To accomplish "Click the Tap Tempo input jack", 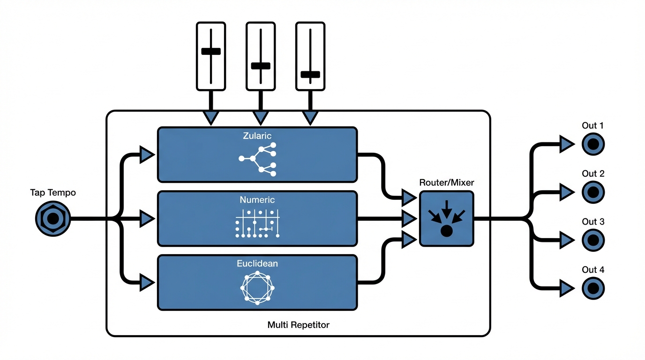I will click(53, 218).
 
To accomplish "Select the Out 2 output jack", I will click(593, 192).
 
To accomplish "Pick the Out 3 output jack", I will click(593, 240).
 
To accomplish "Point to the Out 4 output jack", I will click(593, 288).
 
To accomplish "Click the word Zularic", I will click(257, 136).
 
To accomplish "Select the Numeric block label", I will click(257, 200).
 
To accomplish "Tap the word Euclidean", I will click(257, 263).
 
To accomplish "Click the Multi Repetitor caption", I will click(298, 324).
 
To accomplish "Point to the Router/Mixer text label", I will click(446, 182).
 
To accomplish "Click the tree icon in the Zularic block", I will click(257, 159).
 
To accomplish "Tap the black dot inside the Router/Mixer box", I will click(446, 231).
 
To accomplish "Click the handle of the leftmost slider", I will click(211, 51).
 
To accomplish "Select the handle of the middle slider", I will click(261, 66).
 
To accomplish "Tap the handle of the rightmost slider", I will click(310, 74).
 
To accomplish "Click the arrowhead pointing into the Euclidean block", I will click(147, 282).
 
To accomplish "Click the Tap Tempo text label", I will click(53, 193).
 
